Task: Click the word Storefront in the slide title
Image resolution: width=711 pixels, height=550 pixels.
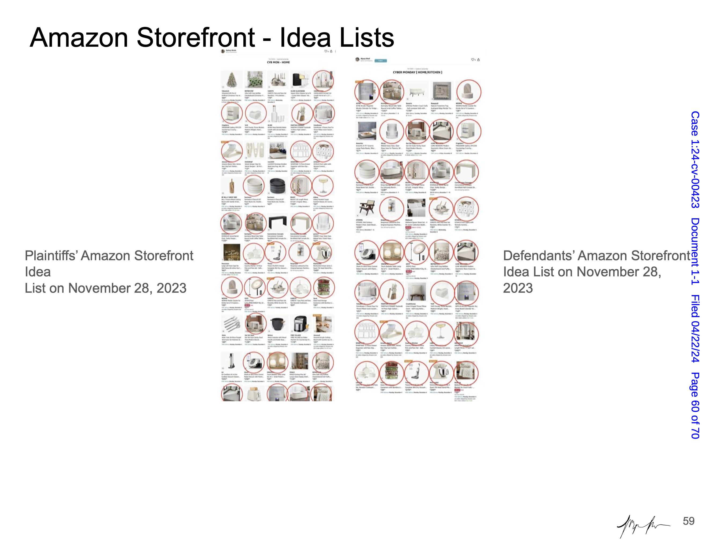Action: pos(195,38)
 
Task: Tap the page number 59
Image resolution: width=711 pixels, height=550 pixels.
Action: pos(688,521)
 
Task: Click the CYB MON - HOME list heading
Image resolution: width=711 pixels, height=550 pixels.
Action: pos(278,62)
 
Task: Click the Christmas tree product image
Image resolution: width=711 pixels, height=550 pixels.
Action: pos(232,79)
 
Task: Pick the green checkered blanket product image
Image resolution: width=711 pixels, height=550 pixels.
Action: pos(255,79)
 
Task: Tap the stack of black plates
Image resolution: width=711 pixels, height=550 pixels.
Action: pos(278,186)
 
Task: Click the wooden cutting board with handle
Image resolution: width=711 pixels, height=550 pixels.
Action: pos(232,186)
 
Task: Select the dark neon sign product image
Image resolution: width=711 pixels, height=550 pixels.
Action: pos(232,252)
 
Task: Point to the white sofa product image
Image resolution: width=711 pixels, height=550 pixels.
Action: pos(417,92)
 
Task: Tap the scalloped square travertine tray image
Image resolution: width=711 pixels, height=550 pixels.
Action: pos(441,91)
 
